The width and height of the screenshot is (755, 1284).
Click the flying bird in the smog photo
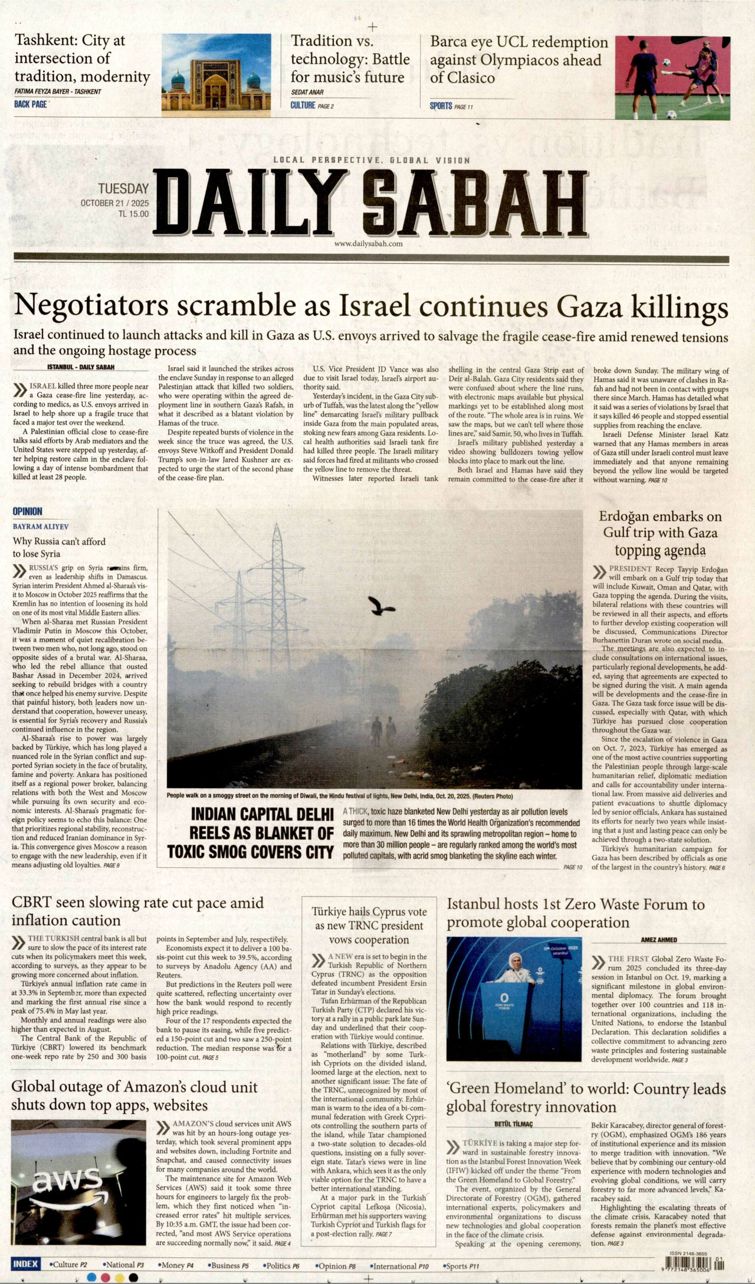click(x=380, y=605)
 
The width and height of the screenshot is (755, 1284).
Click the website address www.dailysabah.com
click(x=368, y=243)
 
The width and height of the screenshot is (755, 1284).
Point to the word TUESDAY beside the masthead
click(x=123, y=189)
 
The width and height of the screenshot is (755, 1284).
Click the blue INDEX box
click(x=25, y=1264)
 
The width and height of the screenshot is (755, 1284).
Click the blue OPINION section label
click(x=28, y=511)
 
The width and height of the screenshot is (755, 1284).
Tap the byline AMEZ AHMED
click(x=659, y=940)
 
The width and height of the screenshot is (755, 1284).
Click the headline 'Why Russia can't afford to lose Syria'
click(x=59, y=547)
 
